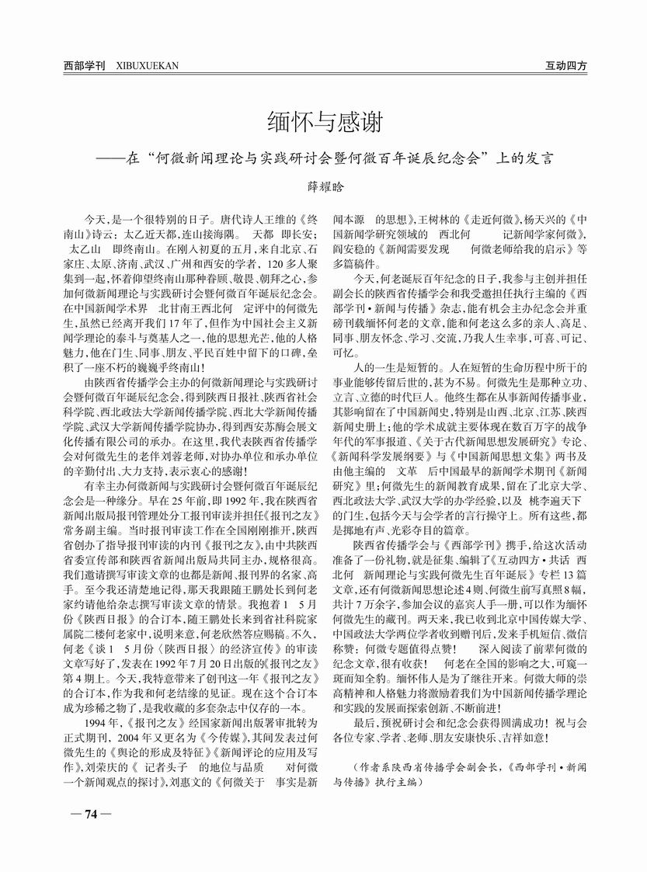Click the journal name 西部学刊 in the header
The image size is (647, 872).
85,66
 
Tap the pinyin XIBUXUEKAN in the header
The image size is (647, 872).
147,66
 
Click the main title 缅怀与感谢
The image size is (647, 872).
322,123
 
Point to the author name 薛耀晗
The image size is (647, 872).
322,186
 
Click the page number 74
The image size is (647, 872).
90,814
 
